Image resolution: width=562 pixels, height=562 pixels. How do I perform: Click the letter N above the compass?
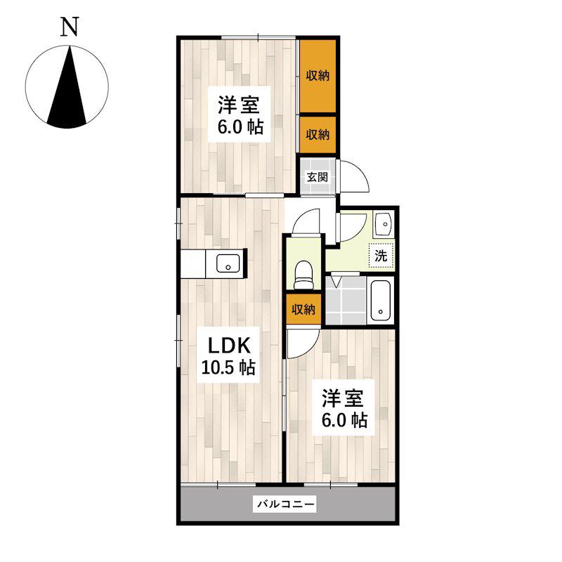click(69, 27)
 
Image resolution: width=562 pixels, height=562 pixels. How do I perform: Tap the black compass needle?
click(67, 93)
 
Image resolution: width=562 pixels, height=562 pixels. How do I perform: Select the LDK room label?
click(229, 346)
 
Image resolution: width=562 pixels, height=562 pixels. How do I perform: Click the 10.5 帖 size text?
click(229, 367)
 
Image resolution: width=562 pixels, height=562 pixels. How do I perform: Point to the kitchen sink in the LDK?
click(228, 263)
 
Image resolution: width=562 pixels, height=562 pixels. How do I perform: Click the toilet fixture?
click(303, 275)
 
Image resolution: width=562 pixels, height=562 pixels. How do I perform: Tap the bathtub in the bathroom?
click(380, 301)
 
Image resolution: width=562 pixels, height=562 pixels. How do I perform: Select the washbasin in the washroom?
click(384, 224)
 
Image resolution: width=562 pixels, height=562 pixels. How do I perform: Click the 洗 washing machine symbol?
click(381, 256)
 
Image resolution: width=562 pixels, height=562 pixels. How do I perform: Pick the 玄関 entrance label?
click(318, 177)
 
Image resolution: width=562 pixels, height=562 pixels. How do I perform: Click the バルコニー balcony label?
click(285, 504)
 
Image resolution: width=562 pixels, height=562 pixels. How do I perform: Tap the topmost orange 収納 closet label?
click(318, 76)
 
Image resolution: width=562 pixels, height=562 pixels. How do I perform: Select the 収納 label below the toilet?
click(303, 309)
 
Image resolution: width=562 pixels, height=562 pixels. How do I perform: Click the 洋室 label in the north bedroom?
click(239, 105)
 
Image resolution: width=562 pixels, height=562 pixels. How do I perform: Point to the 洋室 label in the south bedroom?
click(343, 398)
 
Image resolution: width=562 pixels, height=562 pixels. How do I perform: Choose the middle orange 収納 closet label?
click(318, 135)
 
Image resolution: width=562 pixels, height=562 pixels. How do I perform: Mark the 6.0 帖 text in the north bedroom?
click(241, 127)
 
